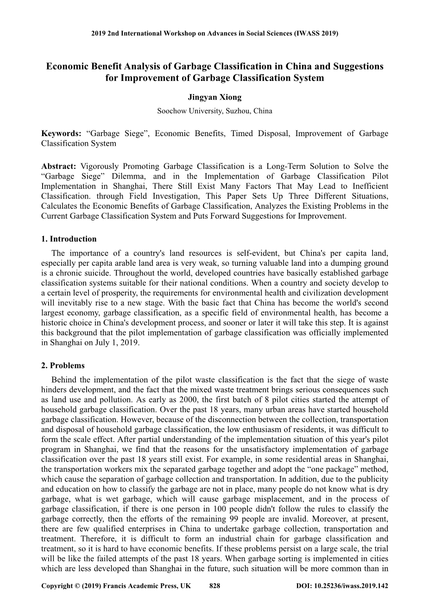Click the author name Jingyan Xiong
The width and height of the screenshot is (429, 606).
tap(214, 97)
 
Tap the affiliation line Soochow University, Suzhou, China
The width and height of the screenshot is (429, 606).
tap(214, 111)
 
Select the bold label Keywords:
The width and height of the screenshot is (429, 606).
tap(61, 134)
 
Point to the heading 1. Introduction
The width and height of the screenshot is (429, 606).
tap(69, 239)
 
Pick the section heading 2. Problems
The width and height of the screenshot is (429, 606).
tap(63, 366)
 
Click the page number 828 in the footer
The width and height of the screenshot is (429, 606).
tap(214, 586)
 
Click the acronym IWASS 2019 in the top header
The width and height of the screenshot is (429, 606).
tap(316, 34)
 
